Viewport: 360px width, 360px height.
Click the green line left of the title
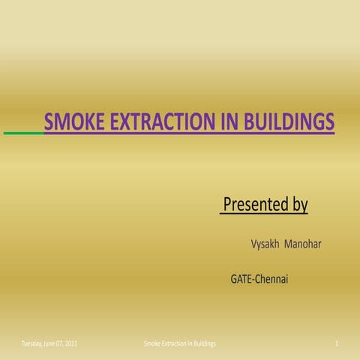pyautogui.click(x=23, y=133)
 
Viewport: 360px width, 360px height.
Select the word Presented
pyautogui.click(x=255, y=204)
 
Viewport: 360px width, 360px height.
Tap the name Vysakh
pyautogui.click(x=264, y=244)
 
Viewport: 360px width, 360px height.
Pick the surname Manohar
pyautogui.click(x=303, y=244)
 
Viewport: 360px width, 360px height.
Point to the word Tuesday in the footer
pyautogui.click(x=32, y=343)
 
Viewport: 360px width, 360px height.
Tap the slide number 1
pyautogui.click(x=339, y=343)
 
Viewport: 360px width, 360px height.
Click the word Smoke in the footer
pyautogui.click(x=151, y=343)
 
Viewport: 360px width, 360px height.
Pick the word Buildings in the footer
pyautogui.click(x=204, y=343)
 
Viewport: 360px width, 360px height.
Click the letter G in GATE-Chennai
pyautogui.click(x=234, y=280)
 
